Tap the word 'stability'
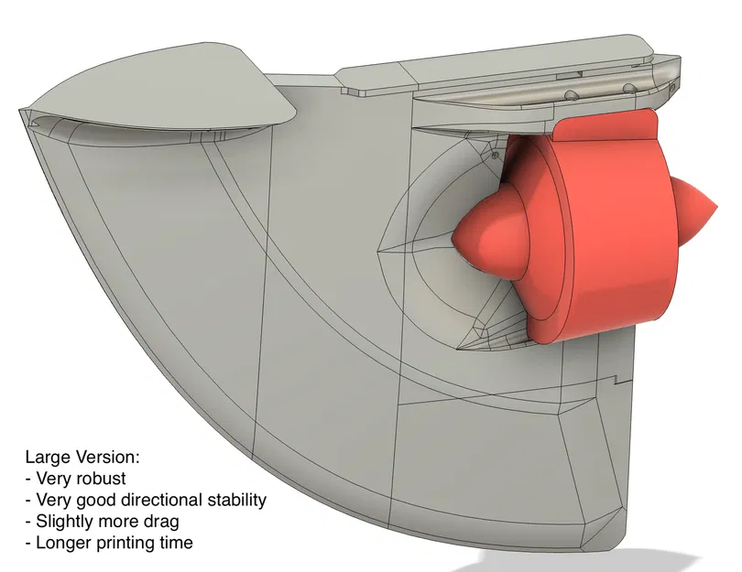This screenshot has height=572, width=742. tap(235, 500)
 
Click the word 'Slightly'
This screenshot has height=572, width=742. tap(60, 522)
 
